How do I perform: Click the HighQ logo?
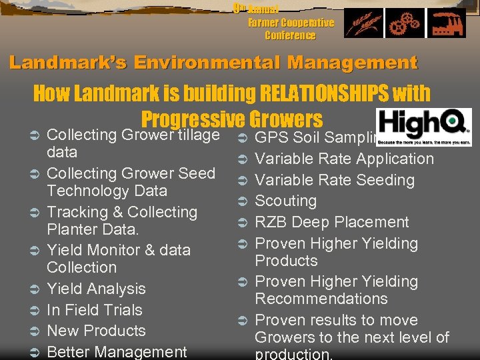[423, 127]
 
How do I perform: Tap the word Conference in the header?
[290, 35]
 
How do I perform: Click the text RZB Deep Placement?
[332, 222]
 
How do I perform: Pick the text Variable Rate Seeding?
[335, 180]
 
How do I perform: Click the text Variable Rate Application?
[345, 159]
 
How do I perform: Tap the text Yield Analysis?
[96, 289]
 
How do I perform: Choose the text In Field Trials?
[95, 310]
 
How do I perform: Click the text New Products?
[96, 331]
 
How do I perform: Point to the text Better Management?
[117, 351]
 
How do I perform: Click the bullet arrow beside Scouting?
[243, 201]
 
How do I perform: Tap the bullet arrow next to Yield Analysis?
[36, 289]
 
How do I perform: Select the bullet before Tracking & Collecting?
[36, 213]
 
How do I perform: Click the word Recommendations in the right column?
[321, 299]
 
